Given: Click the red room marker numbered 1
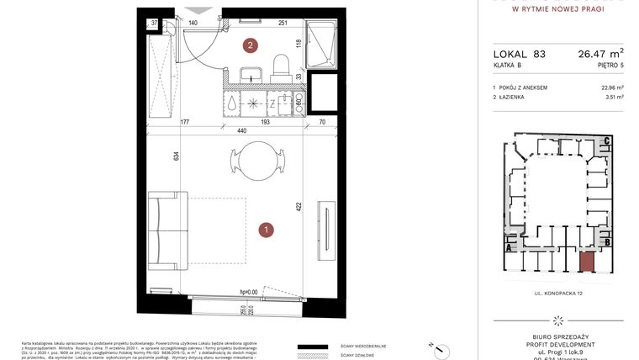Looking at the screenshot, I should tap(266, 228).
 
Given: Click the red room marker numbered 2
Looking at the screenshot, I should tap(250, 45).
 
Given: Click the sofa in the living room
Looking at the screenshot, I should tap(167, 228).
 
